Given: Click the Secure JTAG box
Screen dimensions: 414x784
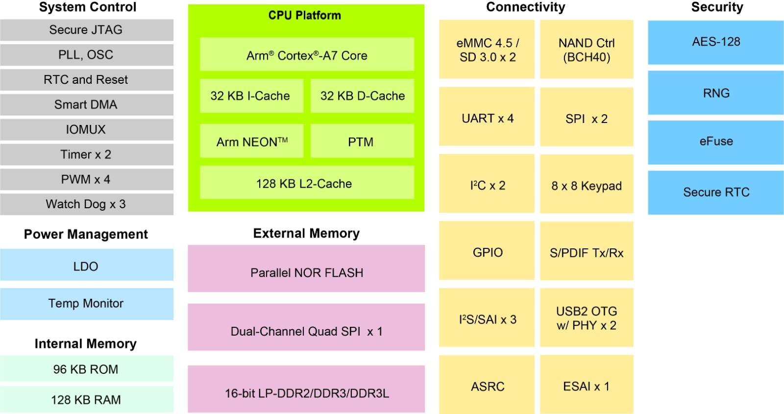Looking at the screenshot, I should point(86,30).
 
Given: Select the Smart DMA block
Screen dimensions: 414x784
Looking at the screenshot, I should point(86,105).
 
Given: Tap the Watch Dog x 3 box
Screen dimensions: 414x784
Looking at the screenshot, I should point(86,204).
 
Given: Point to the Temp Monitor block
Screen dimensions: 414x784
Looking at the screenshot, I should point(86,304).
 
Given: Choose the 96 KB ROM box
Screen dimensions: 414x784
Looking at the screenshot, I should point(86,369).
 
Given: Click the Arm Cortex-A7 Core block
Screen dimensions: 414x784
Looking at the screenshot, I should point(307,55).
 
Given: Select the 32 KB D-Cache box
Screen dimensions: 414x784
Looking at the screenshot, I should point(362,96).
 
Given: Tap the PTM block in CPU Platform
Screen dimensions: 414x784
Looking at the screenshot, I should point(361,142).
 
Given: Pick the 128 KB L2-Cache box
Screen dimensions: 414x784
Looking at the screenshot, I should point(307,184).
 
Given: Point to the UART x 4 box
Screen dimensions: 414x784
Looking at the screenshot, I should point(487,118).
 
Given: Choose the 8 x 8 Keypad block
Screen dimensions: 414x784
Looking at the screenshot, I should point(587,186).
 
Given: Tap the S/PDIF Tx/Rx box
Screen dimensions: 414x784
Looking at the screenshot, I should point(587,253).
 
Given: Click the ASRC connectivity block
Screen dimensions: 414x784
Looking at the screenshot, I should point(487,386).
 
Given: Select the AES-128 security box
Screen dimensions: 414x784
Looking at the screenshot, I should point(716,42).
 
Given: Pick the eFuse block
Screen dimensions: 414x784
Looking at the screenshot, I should point(716,142).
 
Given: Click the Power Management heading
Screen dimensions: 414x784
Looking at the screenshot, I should point(86,234).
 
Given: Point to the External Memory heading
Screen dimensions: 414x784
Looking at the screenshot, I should point(307,233).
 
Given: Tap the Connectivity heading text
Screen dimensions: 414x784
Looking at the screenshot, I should point(526,7).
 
